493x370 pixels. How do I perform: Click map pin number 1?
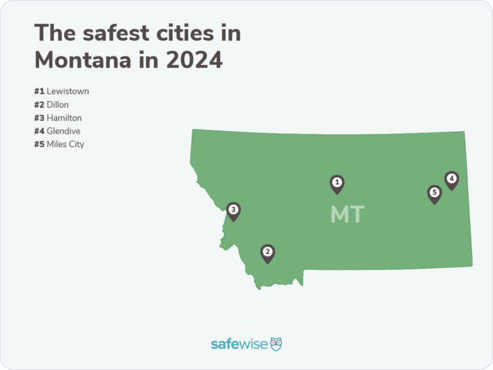coord(336,184)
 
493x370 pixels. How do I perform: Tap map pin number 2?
coord(268,252)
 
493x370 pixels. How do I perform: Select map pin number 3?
coord(234,210)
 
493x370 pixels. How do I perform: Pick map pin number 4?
coord(451,180)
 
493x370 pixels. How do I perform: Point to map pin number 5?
coord(435,193)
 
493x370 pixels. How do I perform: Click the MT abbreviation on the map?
coord(347,215)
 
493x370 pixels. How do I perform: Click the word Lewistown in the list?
coord(67,91)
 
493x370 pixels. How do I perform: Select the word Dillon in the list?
coord(58,105)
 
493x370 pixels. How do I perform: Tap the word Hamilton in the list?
coord(64,118)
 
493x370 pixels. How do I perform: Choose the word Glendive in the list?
coord(64,131)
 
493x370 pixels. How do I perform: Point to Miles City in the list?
coord(65,144)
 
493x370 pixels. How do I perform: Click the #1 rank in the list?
coord(39,91)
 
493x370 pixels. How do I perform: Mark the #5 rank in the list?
coord(39,144)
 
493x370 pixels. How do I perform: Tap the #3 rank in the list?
coord(39,118)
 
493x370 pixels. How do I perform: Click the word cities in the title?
coord(195,33)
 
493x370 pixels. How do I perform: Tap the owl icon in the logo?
coord(276,344)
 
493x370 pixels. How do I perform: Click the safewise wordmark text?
coord(238,344)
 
